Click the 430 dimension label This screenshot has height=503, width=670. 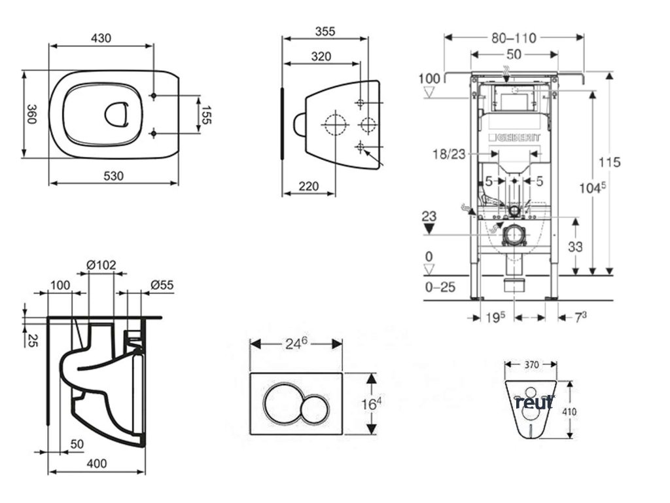(100, 39)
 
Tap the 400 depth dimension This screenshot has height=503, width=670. (96, 464)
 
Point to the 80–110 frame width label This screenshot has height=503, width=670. (514, 38)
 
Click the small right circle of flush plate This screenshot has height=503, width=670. (316, 409)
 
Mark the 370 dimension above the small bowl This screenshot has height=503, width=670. (531, 364)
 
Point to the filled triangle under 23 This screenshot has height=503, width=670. (429, 228)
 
